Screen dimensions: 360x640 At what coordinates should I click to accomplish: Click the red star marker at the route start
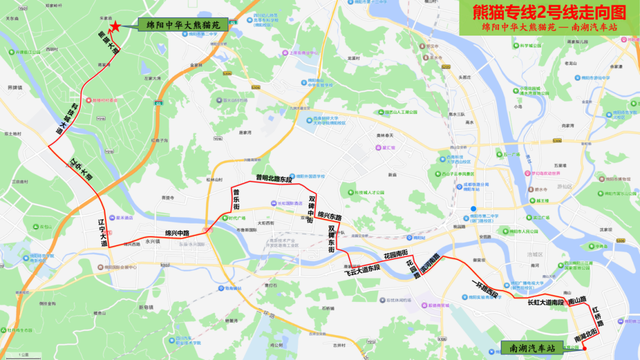click(116, 26)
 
